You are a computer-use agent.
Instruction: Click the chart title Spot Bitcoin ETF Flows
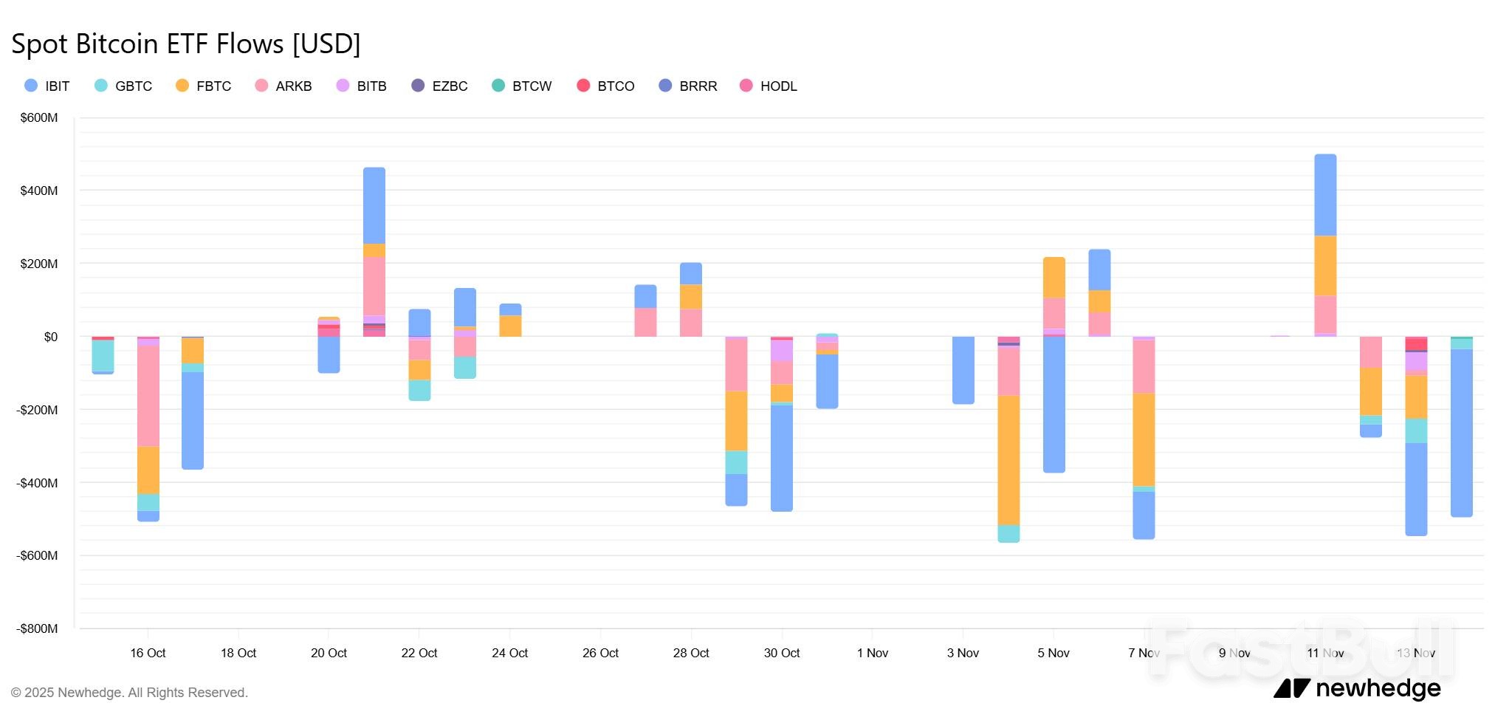tap(185, 44)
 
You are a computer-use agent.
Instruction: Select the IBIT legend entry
tap(47, 86)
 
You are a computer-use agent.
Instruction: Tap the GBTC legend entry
tap(123, 86)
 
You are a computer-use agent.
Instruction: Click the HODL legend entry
tap(769, 86)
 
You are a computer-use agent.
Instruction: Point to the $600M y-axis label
tap(39, 117)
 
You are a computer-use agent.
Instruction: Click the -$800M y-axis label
tap(37, 628)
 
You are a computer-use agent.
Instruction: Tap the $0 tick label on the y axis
tap(50, 337)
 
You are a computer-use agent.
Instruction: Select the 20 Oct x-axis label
tap(329, 653)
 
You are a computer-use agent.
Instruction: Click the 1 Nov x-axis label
tap(873, 653)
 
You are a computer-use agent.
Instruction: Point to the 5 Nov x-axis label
tap(1054, 653)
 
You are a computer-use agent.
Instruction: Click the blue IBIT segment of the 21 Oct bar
tap(374, 205)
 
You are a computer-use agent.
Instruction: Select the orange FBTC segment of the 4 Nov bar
tap(1008, 459)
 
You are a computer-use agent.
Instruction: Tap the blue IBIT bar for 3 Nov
tap(963, 370)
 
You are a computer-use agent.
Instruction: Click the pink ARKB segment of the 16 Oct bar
tap(148, 396)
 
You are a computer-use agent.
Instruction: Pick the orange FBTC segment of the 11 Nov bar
tap(1325, 266)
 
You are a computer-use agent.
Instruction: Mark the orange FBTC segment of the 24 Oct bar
tap(510, 326)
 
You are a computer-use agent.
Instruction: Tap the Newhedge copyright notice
tap(129, 693)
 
